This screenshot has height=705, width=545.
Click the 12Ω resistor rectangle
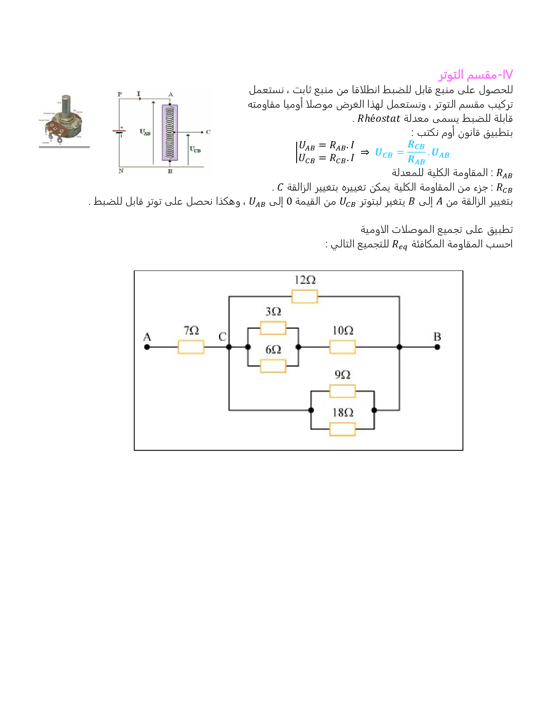304,296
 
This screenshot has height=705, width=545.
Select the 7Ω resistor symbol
191,347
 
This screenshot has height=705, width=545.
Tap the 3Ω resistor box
273,328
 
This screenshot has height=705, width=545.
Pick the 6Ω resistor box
273,366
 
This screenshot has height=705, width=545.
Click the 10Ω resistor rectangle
342,347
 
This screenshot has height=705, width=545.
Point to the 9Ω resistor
342,391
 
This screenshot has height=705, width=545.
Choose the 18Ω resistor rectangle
342,429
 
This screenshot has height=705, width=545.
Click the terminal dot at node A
147,347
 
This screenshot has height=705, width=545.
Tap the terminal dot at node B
437,347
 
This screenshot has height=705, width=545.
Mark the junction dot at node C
229,347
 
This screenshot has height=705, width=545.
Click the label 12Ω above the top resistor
305,280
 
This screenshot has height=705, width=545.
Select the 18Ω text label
343,412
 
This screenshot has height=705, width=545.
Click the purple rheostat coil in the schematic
170,132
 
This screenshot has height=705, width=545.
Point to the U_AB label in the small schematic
145,132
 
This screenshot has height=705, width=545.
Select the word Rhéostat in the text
378,119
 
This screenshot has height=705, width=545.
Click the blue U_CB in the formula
383,153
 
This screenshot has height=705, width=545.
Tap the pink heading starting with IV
475,75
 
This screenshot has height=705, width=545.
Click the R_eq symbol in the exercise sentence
400,245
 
